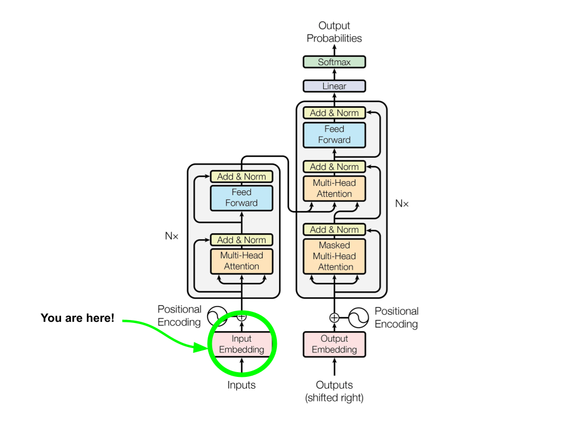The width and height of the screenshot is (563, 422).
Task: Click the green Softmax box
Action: [x=334, y=62]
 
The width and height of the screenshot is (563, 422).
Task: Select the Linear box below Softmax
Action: [x=334, y=86]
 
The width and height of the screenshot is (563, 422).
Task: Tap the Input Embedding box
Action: [x=241, y=344]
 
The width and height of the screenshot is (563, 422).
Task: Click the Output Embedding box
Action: [x=334, y=344]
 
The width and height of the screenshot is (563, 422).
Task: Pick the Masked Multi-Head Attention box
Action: [x=334, y=256]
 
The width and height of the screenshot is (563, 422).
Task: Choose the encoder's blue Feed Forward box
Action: [x=241, y=198]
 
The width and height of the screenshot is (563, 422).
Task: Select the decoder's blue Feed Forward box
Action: [x=334, y=134]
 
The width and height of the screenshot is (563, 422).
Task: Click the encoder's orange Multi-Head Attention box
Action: [x=241, y=261]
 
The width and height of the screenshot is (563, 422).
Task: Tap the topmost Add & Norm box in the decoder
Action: [x=334, y=113]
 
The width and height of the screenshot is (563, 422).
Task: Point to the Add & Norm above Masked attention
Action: [x=334, y=229]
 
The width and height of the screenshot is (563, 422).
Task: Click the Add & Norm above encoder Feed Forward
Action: [x=241, y=176]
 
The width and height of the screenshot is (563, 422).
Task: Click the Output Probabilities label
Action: [x=334, y=32]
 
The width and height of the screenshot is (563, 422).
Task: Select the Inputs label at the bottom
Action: [x=241, y=385]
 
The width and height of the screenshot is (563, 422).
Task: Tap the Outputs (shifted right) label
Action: [x=334, y=391]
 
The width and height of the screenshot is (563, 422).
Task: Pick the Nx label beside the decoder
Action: [x=402, y=203]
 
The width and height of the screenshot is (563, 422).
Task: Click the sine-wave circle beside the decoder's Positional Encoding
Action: [x=358, y=318]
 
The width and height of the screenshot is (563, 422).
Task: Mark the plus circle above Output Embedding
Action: [x=334, y=318]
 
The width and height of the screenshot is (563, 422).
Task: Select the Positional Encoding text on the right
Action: [x=396, y=317]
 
